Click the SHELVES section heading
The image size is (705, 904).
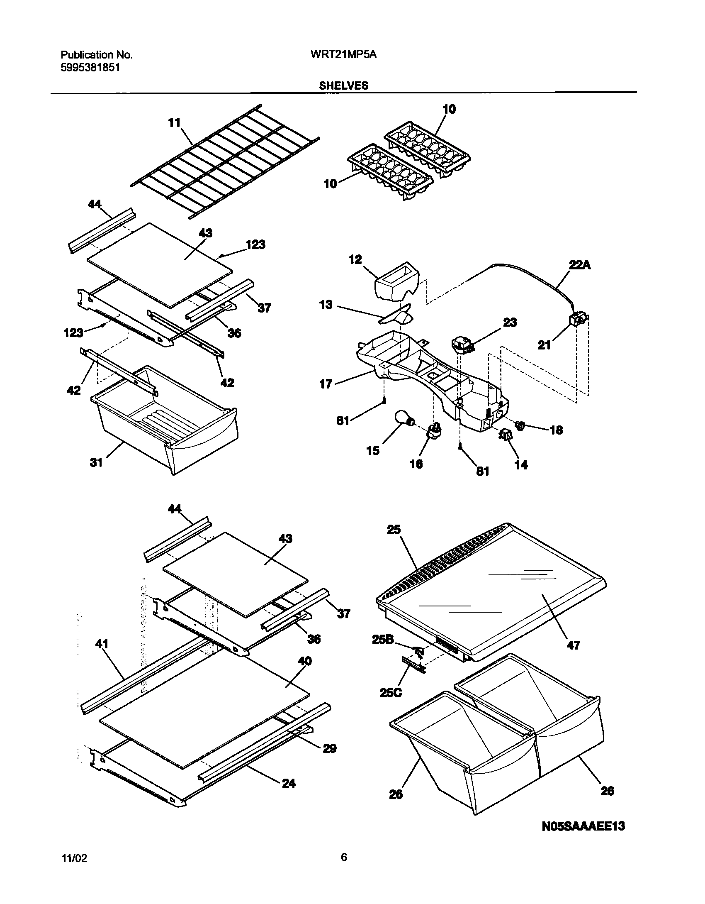(343, 86)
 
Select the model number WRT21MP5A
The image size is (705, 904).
(343, 55)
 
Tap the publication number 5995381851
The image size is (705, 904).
(90, 67)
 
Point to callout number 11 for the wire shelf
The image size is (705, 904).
(175, 123)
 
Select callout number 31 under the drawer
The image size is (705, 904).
(96, 462)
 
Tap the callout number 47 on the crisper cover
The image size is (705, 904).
(573, 645)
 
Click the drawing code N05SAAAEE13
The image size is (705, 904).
(583, 826)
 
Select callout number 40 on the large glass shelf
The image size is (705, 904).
(305, 661)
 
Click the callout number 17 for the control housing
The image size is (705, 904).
(326, 384)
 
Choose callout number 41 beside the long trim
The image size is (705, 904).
(102, 644)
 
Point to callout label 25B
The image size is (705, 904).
(383, 640)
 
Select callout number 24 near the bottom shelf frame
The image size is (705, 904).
(289, 783)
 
